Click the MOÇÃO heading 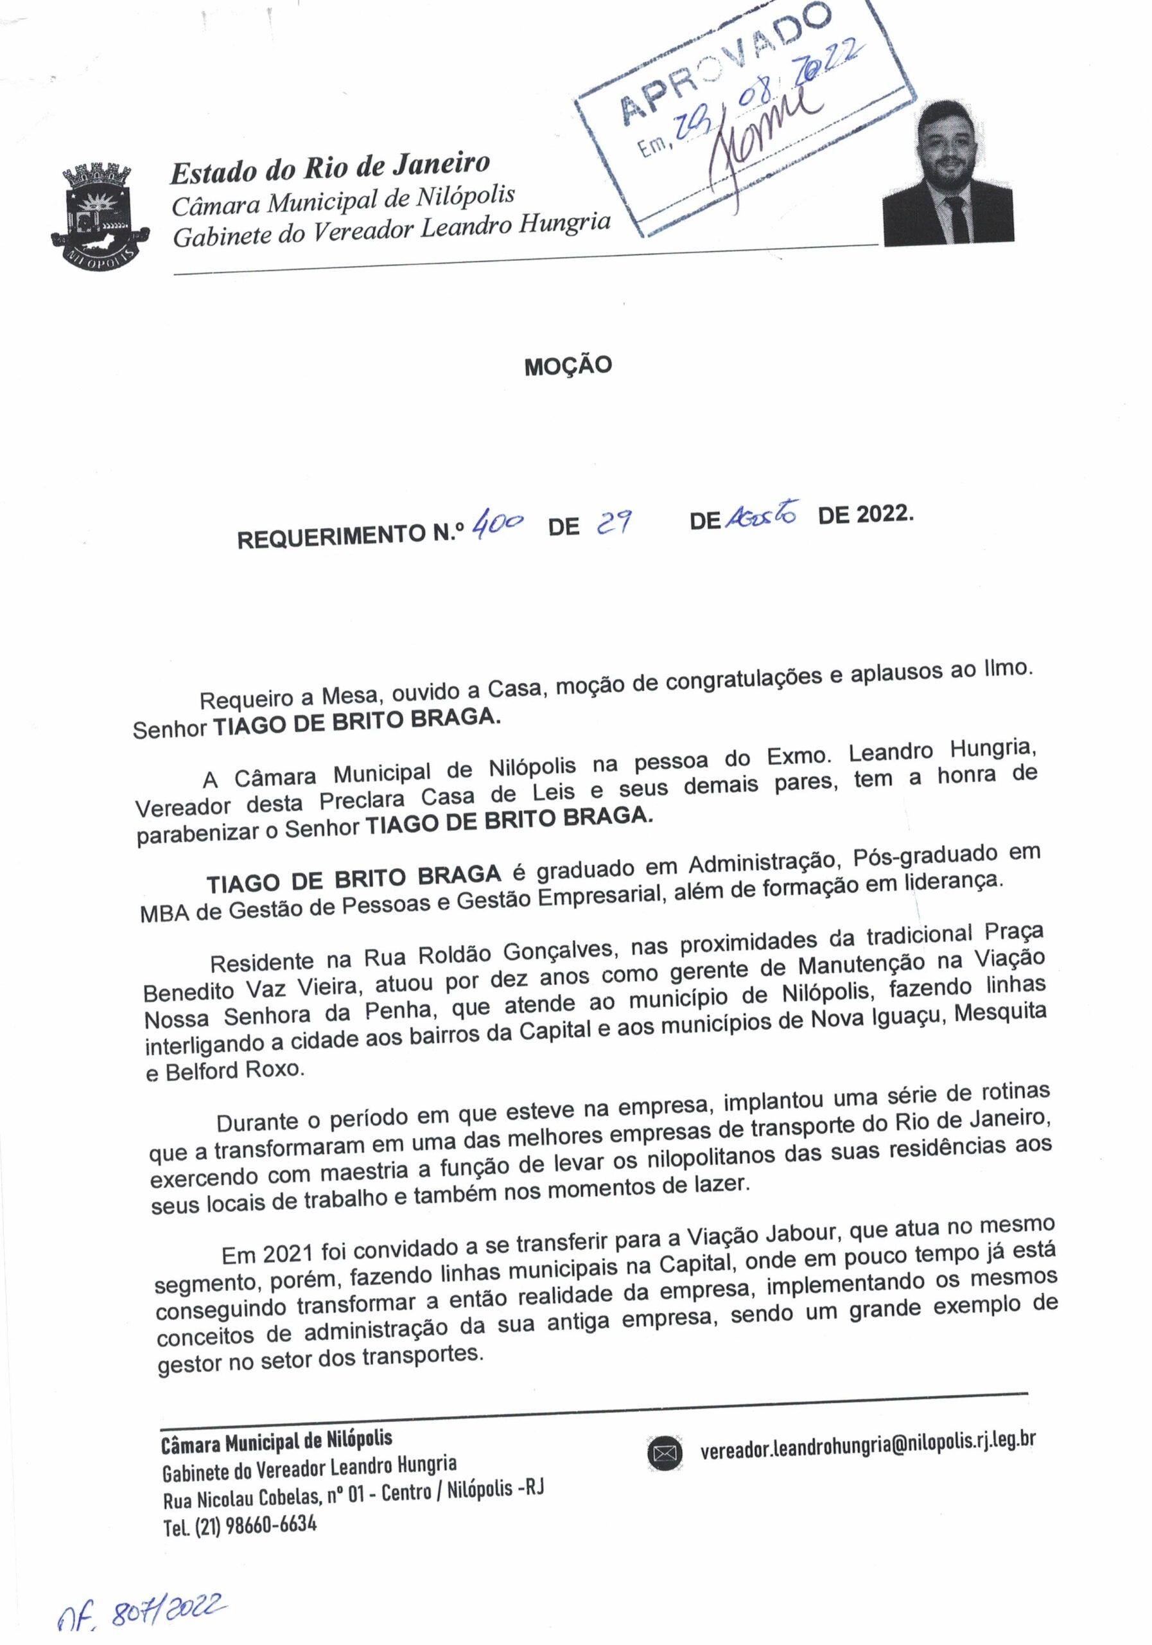click(568, 366)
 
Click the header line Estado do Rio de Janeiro click(329, 167)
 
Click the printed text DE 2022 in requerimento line click(865, 515)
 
